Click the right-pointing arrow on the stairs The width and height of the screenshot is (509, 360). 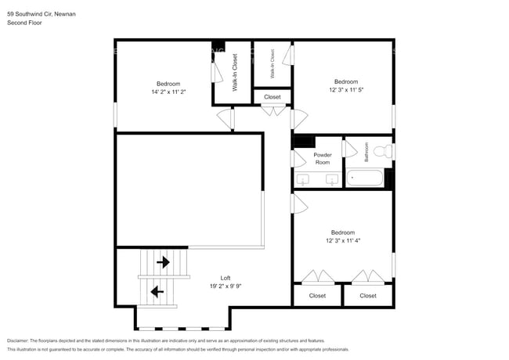click(164, 262)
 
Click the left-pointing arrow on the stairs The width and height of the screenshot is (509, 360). click(157, 292)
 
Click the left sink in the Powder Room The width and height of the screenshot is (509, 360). click(305, 181)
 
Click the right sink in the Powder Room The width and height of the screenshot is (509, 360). click(332, 181)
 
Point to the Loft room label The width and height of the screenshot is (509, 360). click(226, 278)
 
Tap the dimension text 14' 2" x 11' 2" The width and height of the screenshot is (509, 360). click(168, 92)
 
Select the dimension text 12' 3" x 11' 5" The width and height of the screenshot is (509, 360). click(346, 90)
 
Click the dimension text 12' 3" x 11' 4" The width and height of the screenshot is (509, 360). click(342, 240)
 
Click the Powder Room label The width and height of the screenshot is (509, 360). click(323, 158)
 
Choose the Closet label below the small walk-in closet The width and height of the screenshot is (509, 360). click(272, 97)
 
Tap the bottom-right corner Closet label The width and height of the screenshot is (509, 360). click(368, 296)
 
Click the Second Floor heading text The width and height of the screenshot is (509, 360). click(24, 23)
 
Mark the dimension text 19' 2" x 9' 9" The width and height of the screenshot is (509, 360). click(226, 286)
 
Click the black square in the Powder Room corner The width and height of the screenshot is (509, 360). click(303, 142)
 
